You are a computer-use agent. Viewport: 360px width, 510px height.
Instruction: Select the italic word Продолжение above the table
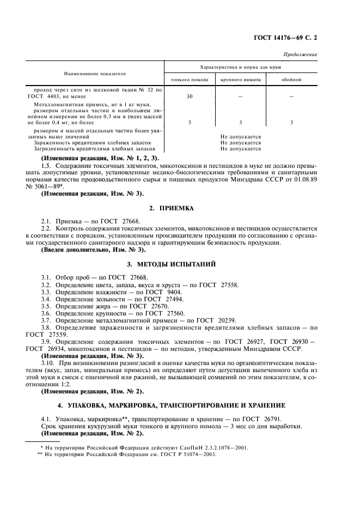pyautogui.click(x=300, y=55)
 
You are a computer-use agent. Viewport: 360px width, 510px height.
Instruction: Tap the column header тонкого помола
pyautogui.click(x=189, y=80)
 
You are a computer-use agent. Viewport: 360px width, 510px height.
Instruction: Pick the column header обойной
pyautogui.click(x=291, y=80)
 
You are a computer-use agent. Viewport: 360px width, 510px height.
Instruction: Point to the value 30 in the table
pyautogui.click(x=189, y=96)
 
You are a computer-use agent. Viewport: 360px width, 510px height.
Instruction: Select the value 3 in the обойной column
pyautogui.click(x=291, y=123)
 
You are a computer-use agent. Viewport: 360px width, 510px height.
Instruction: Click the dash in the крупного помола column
pyautogui.click(x=240, y=96)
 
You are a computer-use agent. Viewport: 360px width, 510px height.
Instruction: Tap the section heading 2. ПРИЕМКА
pyautogui.click(x=179, y=208)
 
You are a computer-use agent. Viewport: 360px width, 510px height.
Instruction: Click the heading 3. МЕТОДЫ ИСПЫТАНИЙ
pyautogui.click(x=179, y=264)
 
